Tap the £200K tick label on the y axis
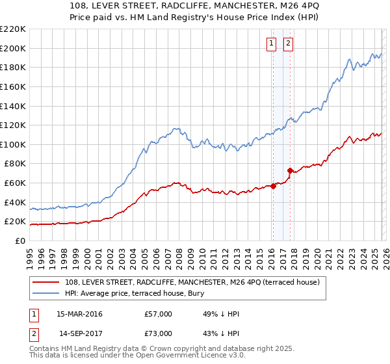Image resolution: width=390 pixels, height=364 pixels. (x=13, y=48)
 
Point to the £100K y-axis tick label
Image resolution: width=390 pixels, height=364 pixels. (x=13, y=144)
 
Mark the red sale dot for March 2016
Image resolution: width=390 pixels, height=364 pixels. (x=273, y=186)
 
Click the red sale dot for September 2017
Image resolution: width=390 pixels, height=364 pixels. (x=290, y=170)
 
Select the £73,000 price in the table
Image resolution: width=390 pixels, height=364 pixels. (x=159, y=333)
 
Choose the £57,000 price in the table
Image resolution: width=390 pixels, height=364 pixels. (x=159, y=314)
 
